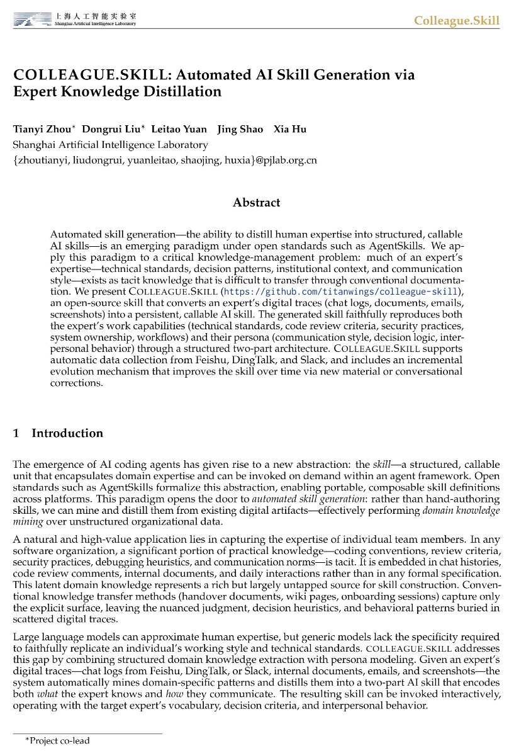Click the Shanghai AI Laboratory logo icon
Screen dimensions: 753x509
point(33,21)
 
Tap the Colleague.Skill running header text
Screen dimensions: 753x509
point(456,21)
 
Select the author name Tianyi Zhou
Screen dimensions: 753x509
point(42,129)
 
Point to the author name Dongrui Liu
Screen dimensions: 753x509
point(111,129)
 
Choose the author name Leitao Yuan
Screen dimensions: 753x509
point(179,129)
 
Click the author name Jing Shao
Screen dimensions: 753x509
point(240,129)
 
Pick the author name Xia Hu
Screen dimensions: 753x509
point(289,129)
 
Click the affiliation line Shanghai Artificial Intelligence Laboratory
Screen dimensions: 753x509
point(110,144)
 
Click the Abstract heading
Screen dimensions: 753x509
point(256,203)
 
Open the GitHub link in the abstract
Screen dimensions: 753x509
point(340,292)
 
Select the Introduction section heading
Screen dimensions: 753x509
point(67,433)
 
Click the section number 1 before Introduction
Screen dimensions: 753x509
point(16,433)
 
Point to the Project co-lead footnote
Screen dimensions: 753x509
point(58,740)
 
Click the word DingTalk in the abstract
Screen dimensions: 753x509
point(262,360)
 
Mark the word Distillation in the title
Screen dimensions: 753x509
point(186,91)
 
